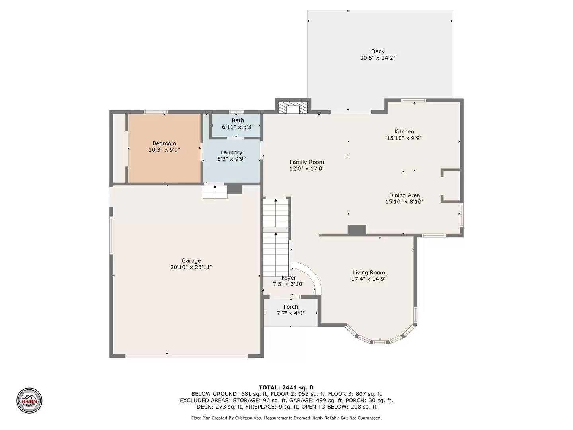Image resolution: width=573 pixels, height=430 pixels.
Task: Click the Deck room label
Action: click(x=378, y=51)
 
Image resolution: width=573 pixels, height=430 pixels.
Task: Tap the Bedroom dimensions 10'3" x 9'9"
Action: click(x=164, y=150)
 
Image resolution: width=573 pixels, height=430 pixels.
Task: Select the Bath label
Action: click(x=238, y=120)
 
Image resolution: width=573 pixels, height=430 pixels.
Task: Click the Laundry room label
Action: click(x=231, y=152)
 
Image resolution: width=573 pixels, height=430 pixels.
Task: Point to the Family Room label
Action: click(x=306, y=162)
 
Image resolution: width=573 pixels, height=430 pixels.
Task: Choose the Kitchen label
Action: click(x=404, y=131)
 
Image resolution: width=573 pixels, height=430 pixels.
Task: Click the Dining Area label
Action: click(x=404, y=195)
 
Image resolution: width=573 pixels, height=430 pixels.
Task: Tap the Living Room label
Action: click(x=368, y=272)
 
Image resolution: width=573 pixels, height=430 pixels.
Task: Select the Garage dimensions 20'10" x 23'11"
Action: click(x=191, y=268)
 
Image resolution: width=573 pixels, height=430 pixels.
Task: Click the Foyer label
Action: click(x=288, y=278)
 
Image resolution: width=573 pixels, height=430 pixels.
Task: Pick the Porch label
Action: click(x=290, y=307)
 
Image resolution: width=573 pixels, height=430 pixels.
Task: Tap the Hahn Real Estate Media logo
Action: click(x=29, y=401)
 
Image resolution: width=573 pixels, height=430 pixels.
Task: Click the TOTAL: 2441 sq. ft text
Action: click(x=286, y=387)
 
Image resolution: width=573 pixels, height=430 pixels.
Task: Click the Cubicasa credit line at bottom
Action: click(x=286, y=418)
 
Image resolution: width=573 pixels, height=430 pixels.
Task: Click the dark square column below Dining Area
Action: click(x=357, y=230)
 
